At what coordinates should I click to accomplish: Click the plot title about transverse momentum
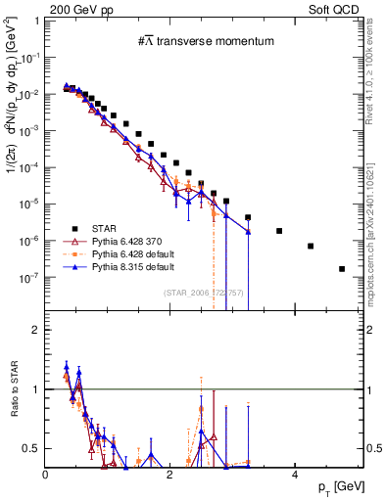(205, 41)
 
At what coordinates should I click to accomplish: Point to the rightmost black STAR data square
(342, 268)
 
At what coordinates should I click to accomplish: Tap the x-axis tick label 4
(295, 474)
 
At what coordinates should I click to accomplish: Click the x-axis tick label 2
(170, 474)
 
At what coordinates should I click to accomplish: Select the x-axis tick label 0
(46, 474)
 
